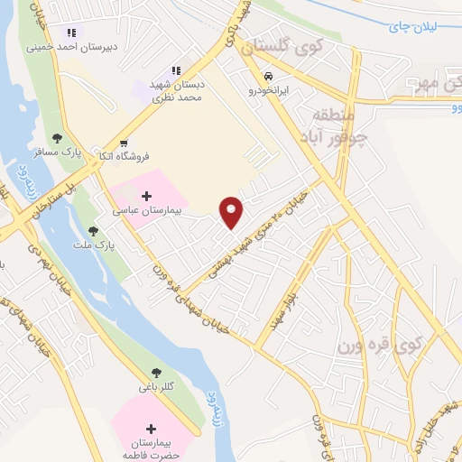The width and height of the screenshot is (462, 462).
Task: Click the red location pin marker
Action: [233, 211]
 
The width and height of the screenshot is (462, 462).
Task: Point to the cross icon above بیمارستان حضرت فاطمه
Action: [150, 428]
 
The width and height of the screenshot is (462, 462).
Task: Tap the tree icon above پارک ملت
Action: [93, 232]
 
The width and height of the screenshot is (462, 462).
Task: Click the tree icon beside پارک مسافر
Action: [58, 138]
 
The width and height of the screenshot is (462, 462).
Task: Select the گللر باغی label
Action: [157, 386]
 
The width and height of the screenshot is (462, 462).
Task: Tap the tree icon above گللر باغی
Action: [157, 372]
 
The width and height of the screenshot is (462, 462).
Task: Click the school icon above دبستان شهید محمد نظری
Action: [178, 69]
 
